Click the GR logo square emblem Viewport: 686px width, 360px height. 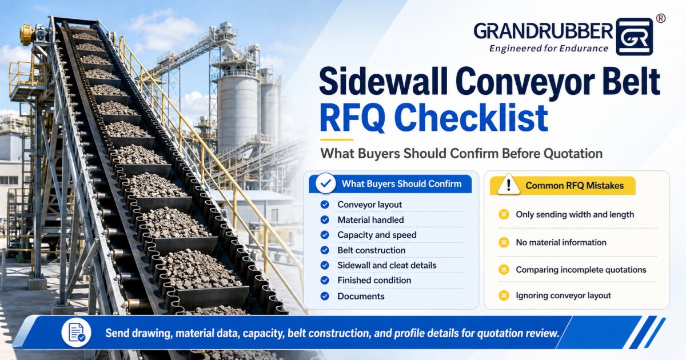coord(634,37)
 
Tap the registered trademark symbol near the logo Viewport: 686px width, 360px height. coord(661,19)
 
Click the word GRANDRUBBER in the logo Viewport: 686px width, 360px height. coord(543,31)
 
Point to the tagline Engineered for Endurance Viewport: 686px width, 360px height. coord(549,49)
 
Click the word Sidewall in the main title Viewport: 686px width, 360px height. coord(383,82)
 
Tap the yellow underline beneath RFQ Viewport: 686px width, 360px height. coord(337,139)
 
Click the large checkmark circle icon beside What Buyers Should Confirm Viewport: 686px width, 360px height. coord(325,183)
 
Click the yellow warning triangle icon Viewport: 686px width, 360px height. coord(508,185)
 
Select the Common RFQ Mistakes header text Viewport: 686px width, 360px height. coord(575,186)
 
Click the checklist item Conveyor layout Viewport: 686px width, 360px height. coord(370,205)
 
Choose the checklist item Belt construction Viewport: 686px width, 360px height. coord(372,250)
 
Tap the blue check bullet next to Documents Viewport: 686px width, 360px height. coord(325,296)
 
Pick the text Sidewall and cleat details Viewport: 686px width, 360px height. coord(387,265)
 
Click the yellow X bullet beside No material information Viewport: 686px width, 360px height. coord(504,242)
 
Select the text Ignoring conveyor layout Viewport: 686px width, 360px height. coord(563,295)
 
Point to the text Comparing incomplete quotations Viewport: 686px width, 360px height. coord(581,270)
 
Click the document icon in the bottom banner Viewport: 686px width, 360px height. coord(76,333)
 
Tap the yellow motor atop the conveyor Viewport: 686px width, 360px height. coord(28,34)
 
